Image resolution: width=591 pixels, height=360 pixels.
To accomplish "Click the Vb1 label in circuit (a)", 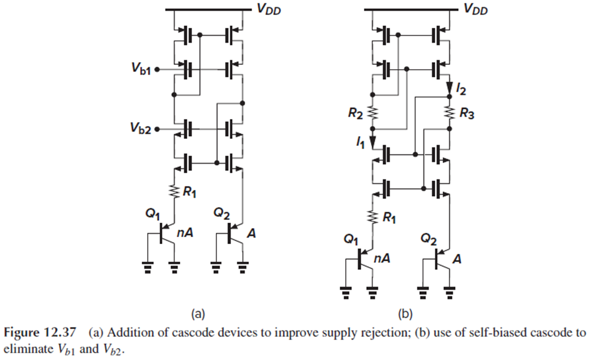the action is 141,69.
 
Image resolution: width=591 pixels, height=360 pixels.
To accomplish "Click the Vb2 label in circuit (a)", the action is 141,128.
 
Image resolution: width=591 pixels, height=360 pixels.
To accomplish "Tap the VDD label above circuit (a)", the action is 269,9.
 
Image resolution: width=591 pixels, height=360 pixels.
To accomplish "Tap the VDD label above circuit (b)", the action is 475,9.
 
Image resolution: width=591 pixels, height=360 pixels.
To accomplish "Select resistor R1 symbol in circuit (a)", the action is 174,192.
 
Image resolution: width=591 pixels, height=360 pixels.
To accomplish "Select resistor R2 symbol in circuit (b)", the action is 373,113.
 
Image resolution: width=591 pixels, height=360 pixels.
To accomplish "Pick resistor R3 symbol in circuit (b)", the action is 449,113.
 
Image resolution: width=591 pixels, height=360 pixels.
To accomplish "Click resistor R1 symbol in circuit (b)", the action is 373,217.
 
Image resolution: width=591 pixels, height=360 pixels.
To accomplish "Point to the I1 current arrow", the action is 373,142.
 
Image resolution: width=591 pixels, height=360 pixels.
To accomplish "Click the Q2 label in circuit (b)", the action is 428,239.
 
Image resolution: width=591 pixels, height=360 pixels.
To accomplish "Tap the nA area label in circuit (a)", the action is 185,233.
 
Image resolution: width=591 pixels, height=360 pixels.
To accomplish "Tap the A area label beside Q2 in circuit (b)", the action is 457,259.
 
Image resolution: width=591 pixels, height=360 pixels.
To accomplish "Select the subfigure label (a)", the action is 198,314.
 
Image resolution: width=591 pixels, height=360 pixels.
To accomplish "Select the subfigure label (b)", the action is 405,314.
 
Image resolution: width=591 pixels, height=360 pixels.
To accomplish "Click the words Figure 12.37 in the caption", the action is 40,333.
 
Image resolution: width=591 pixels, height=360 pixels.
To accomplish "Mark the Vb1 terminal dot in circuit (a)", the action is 157,69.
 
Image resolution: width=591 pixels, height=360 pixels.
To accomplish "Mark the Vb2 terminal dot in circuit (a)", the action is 157,129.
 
